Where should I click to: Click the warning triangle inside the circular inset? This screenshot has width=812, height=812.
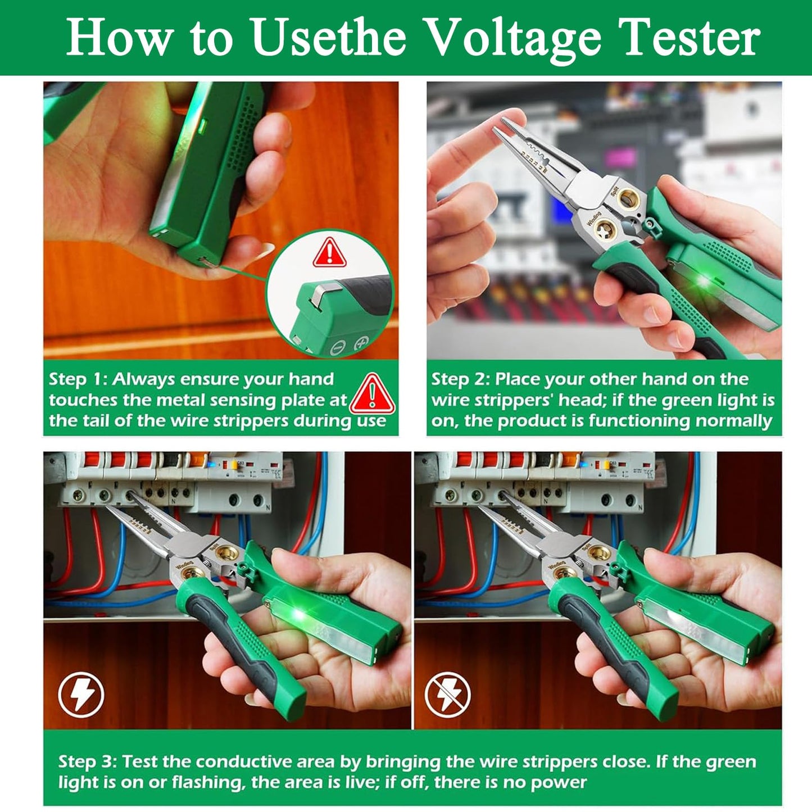pyautogui.click(x=330, y=252)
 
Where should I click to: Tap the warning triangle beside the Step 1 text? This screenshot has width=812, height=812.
pyautogui.click(x=373, y=393)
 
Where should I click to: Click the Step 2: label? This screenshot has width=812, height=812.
pyautogui.click(x=460, y=379)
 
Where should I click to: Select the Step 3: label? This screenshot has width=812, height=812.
pyautogui.click(x=87, y=762)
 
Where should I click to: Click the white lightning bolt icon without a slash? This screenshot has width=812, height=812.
pyautogui.click(x=81, y=695)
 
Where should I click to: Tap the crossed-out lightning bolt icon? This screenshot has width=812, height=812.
pyautogui.click(x=447, y=695)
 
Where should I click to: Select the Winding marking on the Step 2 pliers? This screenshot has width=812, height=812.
pyautogui.click(x=594, y=218)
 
